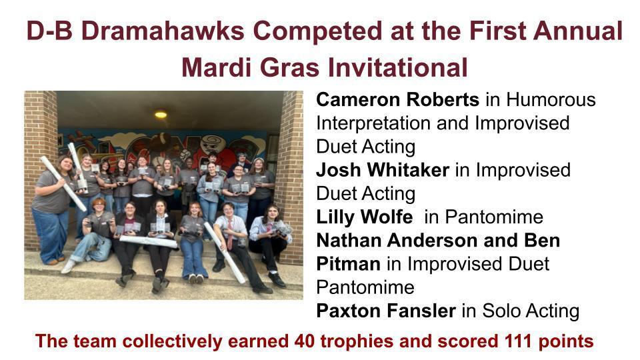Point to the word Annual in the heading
[574, 31]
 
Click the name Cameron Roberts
[397, 100]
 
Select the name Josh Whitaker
[383, 170]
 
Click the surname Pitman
[349, 264]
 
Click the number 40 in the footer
[303, 342]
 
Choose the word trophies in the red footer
[355, 342]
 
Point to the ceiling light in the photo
[161, 114]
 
